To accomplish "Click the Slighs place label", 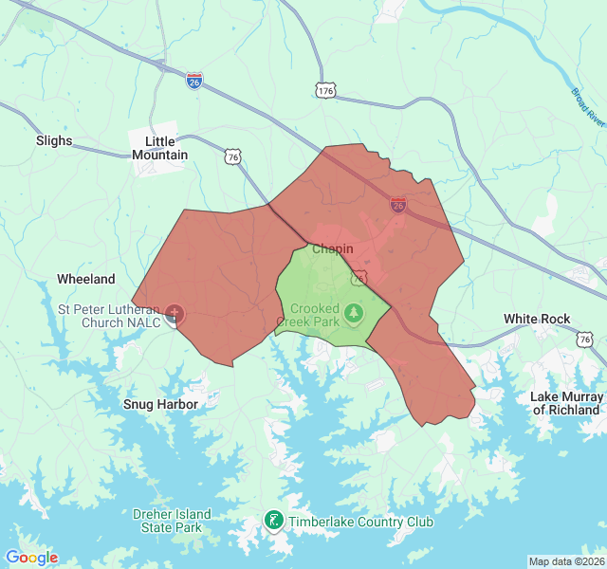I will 54,140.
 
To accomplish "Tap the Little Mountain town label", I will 159,148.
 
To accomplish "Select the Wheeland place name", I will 86,279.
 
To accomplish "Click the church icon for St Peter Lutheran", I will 175,314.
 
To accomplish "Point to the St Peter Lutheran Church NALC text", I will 108,316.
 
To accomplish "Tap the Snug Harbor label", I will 161,404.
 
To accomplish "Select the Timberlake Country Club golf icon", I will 273,521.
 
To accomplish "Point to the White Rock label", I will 537,319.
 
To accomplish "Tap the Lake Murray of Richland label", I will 567,403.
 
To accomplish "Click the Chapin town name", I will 332,249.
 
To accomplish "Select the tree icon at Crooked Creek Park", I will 354,311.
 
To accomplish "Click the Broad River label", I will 588,107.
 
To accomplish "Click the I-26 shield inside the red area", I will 398,205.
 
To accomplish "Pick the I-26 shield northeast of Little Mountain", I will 194,80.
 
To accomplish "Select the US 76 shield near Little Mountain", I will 233,156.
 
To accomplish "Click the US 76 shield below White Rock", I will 587,339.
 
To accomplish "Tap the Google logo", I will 31,558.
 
